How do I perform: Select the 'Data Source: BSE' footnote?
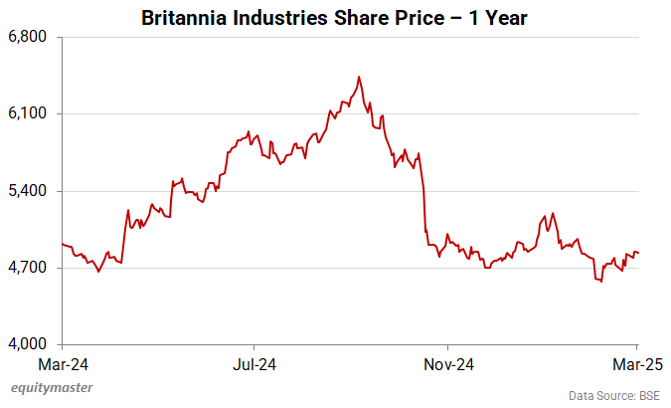pos(614,395)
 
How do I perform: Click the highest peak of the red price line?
pos(359,77)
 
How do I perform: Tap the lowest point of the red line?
pos(601,282)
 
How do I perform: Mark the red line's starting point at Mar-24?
pos(63,244)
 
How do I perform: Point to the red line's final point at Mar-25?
pos(637,253)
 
